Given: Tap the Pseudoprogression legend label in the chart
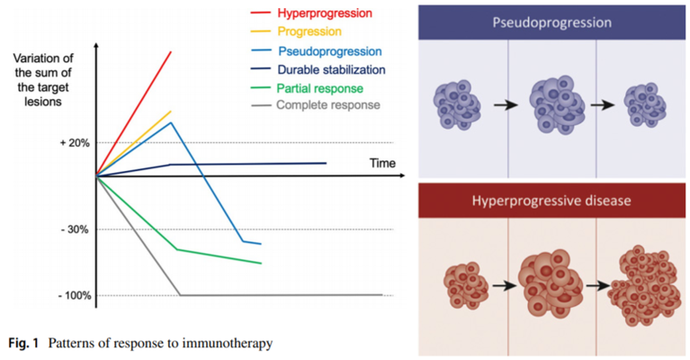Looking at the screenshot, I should click(x=329, y=50).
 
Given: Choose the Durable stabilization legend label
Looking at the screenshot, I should click(x=332, y=68).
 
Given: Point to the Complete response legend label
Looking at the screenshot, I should click(x=329, y=105).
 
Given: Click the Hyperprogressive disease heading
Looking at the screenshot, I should click(x=552, y=199).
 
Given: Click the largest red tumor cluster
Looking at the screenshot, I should click(x=650, y=286).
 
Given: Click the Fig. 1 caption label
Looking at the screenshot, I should click(x=23, y=342).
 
